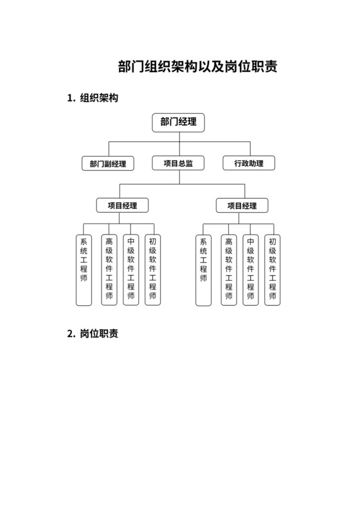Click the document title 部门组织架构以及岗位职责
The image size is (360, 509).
click(x=199, y=67)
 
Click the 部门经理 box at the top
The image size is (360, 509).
click(x=178, y=122)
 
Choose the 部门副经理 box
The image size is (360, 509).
click(x=107, y=163)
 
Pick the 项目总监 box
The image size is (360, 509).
click(x=178, y=163)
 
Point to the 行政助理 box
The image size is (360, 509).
click(x=249, y=163)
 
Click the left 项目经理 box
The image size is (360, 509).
click(x=122, y=206)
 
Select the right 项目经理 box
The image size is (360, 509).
click(x=242, y=206)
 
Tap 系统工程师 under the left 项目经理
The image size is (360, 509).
click(x=84, y=269)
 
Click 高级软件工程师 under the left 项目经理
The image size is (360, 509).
click(x=109, y=269)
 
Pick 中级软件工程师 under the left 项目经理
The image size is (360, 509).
click(x=131, y=269)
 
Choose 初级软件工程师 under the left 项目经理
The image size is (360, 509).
click(x=153, y=269)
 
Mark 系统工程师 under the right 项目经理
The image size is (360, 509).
click(x=204, y=269)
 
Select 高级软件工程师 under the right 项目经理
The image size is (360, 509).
click(x=229, y=269)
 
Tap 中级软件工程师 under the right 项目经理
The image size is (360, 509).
click(x=251, y=269)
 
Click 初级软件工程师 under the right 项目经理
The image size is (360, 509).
click(x=273, y=269)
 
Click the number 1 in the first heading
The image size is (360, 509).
click(x=69, y=98)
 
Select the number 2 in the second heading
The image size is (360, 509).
click(x=69, y=334)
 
